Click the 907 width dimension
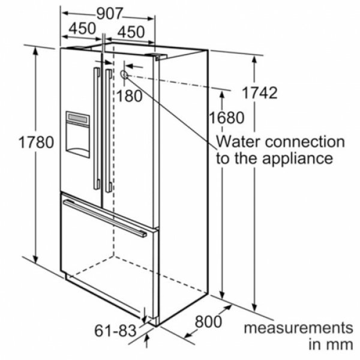point(110,14)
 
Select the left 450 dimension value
point(82,28)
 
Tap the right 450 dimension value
point(131,32)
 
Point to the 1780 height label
point(36,142)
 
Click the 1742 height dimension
point(260,93)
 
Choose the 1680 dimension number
point(227,118)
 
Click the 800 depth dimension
point(208,322)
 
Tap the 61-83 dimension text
point(115,331)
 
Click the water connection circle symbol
point(124,74)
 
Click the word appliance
point(298,158)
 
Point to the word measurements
point(298,328)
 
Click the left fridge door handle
point(97,128)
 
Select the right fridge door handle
point(109,131)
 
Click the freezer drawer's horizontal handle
point(105,218)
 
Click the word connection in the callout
point(305,142)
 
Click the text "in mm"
point(331,345)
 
